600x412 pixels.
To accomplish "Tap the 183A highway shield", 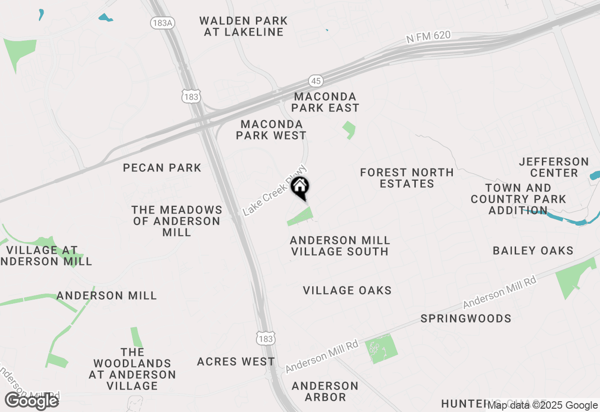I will tap(163, 23).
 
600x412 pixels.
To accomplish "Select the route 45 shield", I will tap(316, 81).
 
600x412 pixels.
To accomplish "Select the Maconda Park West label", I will tap(271, 130).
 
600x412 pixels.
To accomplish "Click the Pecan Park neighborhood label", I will tap(162, 168).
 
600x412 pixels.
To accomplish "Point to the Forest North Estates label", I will tap(407, 178).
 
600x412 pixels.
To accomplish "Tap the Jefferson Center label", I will tap(554, 167).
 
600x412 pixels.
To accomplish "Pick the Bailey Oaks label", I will tap(533, 250).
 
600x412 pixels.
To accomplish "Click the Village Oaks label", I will tap(347, 290).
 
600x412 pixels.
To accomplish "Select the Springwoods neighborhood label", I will tap(466, 318).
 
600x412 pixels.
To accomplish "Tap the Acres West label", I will tap(236, 361).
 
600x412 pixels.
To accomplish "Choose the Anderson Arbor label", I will tap(325, 391).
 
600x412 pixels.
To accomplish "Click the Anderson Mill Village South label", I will tap(340, 246).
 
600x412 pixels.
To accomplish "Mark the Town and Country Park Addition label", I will tap(518, 199).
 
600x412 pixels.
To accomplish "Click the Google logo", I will tap(32, 401).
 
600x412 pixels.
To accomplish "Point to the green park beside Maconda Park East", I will tap(349, 129).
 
